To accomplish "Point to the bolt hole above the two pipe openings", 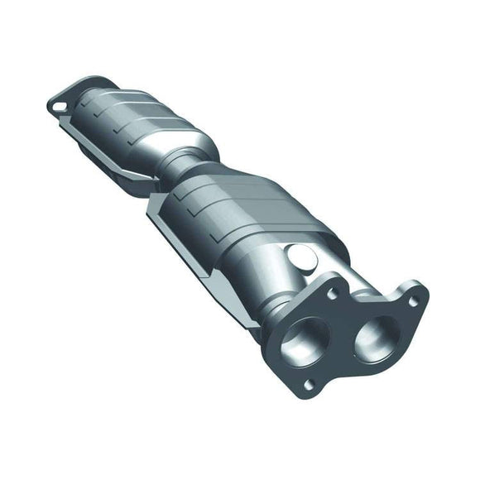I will click(333, 292).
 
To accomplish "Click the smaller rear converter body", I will click(132, 123).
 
